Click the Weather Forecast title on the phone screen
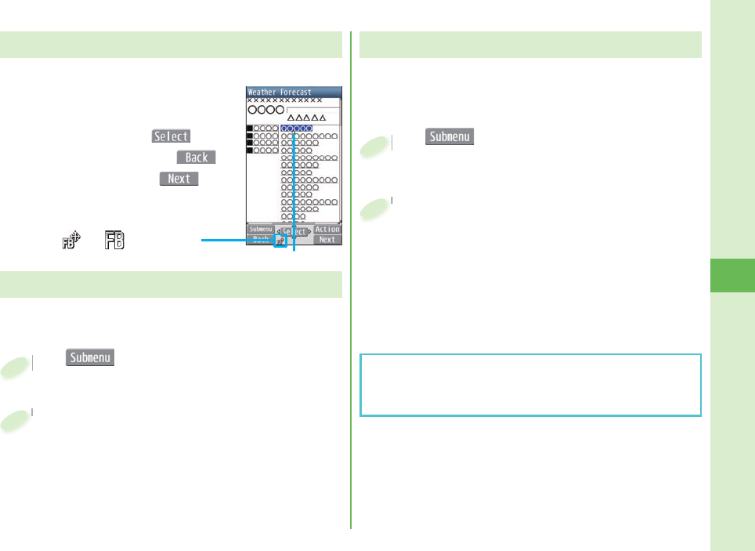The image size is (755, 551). pos(280,92)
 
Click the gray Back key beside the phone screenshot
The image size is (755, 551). pos(197,157)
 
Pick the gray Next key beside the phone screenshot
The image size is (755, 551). pos(179,179)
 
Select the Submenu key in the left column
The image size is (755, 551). pos(91,357)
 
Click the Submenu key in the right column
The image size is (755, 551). pos(450,136)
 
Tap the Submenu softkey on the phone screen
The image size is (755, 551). pos(260,230)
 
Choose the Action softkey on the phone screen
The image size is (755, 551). pos(327,230)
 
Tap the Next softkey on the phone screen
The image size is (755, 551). pos(327,240)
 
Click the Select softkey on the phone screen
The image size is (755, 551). pos(294,232)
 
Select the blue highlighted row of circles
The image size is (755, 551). pos(297,128)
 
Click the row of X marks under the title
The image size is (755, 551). pos(284,100)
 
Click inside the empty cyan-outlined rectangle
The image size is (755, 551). pos(529,385)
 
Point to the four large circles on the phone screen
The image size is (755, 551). pos(266,110)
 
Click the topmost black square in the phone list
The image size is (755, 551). pos(250,128)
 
